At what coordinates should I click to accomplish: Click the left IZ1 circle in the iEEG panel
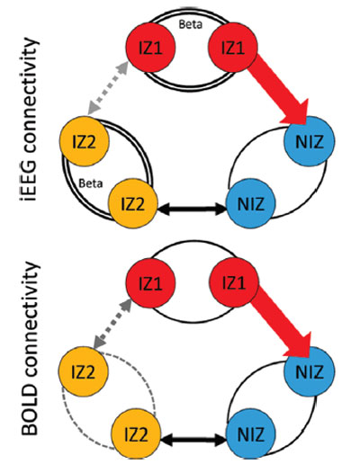click(150, 47)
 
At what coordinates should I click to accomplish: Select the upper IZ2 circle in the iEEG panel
click(85, 141)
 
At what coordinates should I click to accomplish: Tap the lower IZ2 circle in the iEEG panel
click(133, 203)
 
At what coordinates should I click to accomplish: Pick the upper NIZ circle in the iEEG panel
click(310, 141)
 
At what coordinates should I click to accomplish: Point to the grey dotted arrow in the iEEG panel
click(108, 88)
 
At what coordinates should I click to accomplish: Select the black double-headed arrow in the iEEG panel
click(193, 209)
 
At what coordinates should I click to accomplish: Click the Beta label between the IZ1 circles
click(190, 24)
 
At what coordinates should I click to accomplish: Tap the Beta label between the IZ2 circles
click(91, 183)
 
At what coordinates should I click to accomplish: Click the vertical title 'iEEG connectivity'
click(30, 120)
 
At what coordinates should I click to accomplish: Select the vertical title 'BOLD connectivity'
click(30, 349)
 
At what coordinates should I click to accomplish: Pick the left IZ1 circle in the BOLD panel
click(150, 282)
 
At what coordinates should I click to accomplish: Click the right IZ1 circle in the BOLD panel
click(234, 282)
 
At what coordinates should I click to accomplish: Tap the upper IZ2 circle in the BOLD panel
click(83, 371)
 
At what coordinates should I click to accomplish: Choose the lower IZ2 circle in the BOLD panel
click(136, 434)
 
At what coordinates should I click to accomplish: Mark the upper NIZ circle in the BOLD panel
click(310, 371)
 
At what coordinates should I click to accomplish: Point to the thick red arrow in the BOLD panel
click(281, 321)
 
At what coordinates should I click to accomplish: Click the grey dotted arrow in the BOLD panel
click(112, 324)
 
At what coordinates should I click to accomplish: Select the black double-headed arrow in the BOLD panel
click(193, 440)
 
